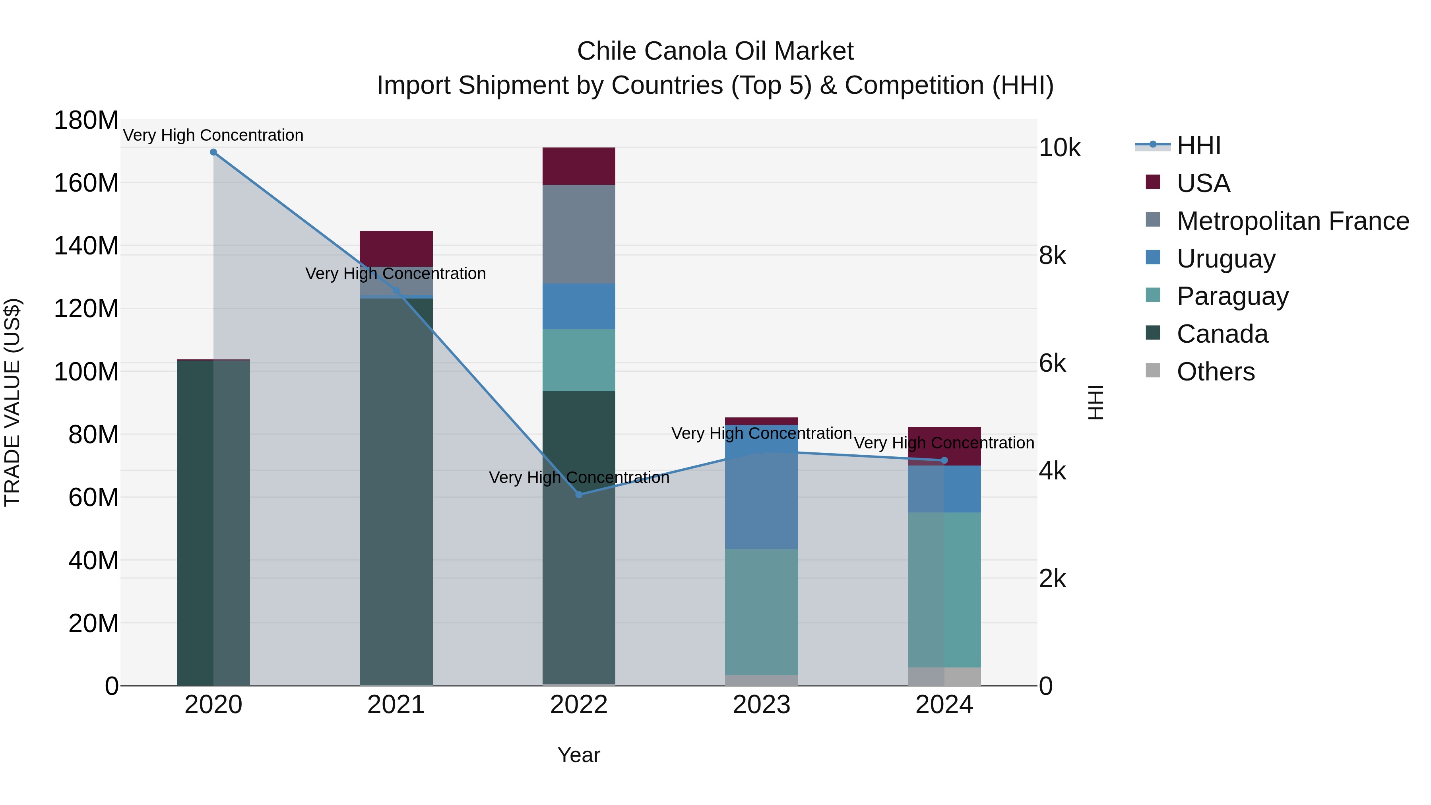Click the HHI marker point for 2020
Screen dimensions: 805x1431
coord(213,152)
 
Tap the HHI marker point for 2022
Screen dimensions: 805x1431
coord(579,495)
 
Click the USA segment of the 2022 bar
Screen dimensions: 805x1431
coord(579,166)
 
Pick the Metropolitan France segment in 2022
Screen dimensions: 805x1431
coord(579,234)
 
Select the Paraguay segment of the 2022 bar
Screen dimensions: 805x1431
coord(579,360)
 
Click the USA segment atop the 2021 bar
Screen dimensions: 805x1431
coord(396,248)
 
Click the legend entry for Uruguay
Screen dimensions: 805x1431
coord(1225,259)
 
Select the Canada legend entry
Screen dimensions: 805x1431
coord(1222,334)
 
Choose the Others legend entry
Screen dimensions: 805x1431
coord(1216,372)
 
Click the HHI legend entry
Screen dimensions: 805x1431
coord(1198,145)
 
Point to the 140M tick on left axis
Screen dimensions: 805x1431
coord(86,246)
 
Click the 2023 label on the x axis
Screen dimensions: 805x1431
coord(761,705)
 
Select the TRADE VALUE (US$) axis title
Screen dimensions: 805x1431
coord(12,402)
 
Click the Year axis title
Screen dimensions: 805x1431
coord(579,755)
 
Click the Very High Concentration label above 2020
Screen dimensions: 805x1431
coord(213,135)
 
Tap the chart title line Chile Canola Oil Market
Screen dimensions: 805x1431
coord(715,51)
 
